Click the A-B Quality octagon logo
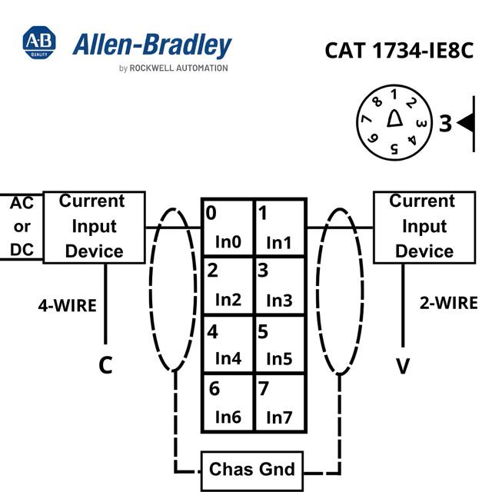pyautogui.click(x=39, y=42)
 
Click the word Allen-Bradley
pyautogui.click(x=152, y=45)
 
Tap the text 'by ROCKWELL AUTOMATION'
pyautogui.click(x=174, y=68)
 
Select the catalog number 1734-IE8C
pyautogui.click(x=423, y=51)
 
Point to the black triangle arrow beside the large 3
pyautogui.click(x=466, y=123)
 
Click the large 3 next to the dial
pyautogui.click(x=445, y=123)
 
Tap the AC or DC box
pyautogui.click(x=22, y=227)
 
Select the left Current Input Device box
pyautogui.click(x=94, y=227)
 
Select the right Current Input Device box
pyautogui.click(x=424, y=227)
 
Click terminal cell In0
pyautogui.click(x=228, y=228)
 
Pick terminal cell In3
pyautogui.click(x=280, y=285)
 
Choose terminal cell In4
pyautogui.click(x=228, y=344)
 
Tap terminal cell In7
pyautogui.click(x=280, y=403)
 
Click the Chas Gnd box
pyautogui.click(x=252, y=470)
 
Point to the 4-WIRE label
pyautogui.click(x=68, y=306)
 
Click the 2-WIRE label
pyautogui.click(x=449, y=303)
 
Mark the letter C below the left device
pyautogui.click(x=106, y=365)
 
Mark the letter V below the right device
pyautogui.click(x=403, y=366)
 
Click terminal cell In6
pyautogui.click(x=228, y=403)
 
